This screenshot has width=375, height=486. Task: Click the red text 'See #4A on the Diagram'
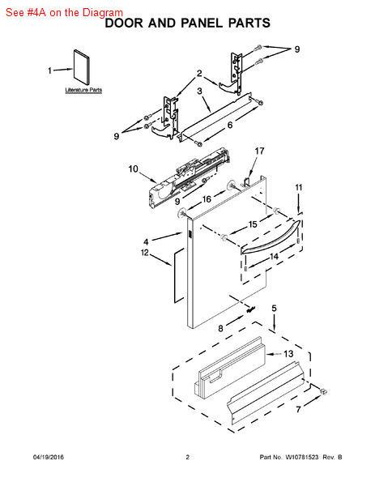pos(64,13)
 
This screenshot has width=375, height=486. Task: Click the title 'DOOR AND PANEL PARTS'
pos(188,23)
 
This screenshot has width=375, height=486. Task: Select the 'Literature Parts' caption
pos(83,90)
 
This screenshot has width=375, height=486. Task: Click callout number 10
pos(134,169)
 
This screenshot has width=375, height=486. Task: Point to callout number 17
pos(259,151)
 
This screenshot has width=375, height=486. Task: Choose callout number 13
pos(288,354)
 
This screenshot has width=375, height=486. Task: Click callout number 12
pos(145,253)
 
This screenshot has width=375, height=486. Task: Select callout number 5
pos(275,309)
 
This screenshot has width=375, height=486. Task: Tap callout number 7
pos(298,409)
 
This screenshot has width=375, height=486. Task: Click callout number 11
pos(298,188)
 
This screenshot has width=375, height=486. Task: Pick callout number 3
pos(199,91)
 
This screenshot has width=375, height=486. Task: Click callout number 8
pos(220,328)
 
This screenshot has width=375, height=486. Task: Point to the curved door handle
pos(271,238)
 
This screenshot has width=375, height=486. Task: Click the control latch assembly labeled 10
pos(190,177)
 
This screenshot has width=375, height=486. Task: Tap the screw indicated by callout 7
pos(323,392)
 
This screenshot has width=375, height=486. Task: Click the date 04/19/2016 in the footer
pos(49,457)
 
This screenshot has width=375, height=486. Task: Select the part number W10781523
pos(302,457)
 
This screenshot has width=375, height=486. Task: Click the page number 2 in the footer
pos(188,457)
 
